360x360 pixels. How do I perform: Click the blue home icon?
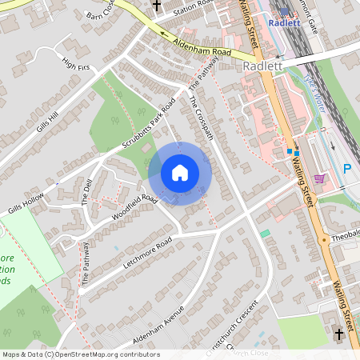(179, 172)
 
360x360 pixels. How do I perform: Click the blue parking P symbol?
(347, 169)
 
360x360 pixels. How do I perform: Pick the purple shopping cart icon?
(320, 178)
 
